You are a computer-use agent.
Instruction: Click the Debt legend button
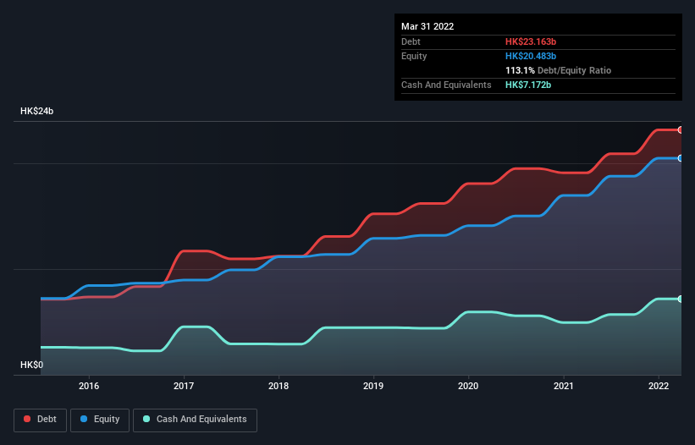click(x=40, y=419)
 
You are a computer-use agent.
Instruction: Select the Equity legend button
click(x=100, y=419)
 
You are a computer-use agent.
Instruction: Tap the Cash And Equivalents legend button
click(x=195, y=419)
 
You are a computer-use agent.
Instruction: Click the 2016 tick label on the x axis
click(x=89, y=386)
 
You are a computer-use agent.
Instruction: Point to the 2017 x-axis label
click(x=184, y=386)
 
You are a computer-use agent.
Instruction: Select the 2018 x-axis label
click(x=279, y=386)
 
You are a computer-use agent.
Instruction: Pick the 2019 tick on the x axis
click(x=373, y=386)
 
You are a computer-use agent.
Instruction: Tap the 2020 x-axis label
click(x=468, y=386)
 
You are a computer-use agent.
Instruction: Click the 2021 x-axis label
click(x=563, y=386)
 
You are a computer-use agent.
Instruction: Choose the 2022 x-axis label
click(x=658, y=386)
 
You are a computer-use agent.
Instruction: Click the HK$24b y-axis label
click(x=38, y=112)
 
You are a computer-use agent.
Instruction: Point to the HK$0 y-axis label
click(x=31, y=365)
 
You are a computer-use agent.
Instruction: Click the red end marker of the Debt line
click(x=680, y=129)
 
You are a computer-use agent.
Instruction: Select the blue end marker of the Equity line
click(x=680, y=158)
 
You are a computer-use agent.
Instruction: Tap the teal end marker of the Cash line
click(x=680, y=299)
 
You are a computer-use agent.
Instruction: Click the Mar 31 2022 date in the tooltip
click(x=427, y=26)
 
